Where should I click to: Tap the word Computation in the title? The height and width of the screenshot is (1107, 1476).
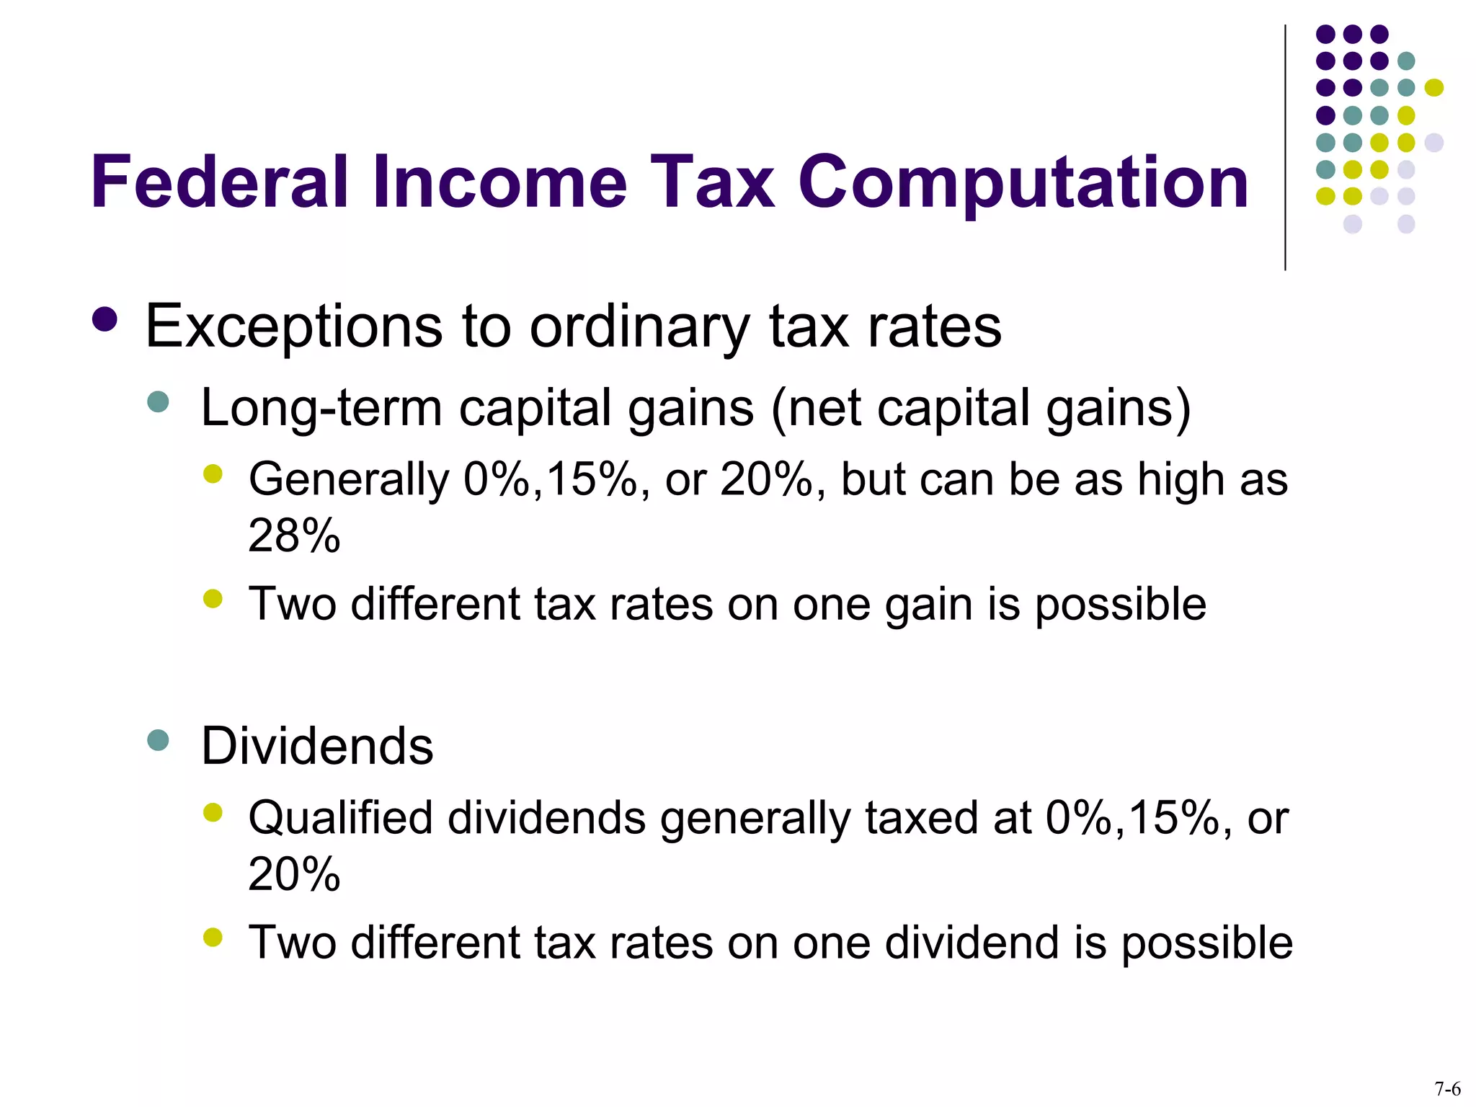[x=1023, y=184]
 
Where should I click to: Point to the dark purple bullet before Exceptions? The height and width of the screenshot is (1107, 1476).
[x=105, y=320]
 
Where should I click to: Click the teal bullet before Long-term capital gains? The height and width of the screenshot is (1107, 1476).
[x=157, y=401]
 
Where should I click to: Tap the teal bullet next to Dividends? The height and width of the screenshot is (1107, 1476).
[x=157, y=739]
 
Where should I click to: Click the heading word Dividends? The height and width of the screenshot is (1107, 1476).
[x=317, y=746]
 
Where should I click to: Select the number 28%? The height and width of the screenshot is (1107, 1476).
[x=294, y=535]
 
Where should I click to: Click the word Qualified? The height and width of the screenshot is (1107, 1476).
[x=340, y=818]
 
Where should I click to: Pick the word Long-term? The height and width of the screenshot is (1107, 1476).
[x=321, y=408]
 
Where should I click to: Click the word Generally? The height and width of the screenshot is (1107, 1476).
[x=349, y=479]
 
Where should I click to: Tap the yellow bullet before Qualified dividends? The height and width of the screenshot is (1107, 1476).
[x=213, y=813]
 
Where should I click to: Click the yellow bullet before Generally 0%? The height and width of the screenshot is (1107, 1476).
[x=213, y=474]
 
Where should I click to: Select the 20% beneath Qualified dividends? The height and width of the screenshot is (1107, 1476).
[x=294, y=874]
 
